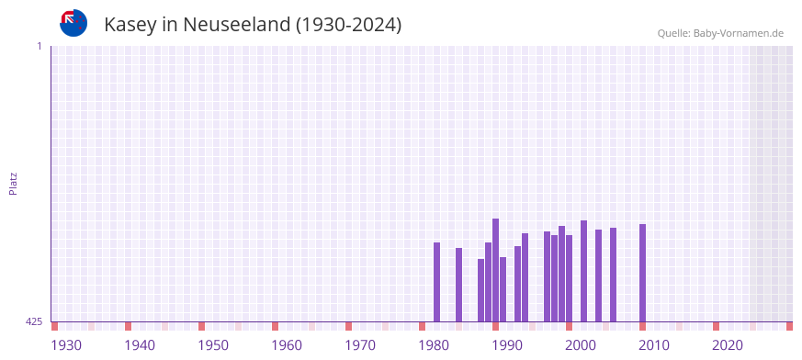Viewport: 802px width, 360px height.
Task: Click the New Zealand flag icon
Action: pos(73,23)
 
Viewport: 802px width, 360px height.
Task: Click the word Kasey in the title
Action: pos(130,25)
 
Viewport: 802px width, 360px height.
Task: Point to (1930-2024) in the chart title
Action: pos(348,25)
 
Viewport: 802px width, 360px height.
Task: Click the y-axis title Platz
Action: pos(13,183)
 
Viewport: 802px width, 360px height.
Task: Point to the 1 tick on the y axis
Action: pos(39,46)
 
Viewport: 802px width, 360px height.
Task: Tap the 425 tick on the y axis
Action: pos(34,321)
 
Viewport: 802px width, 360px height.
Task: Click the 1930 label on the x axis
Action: pos(66,345)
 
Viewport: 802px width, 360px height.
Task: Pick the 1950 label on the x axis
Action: pos(213,345)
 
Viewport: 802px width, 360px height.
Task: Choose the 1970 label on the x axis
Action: pos(360,345)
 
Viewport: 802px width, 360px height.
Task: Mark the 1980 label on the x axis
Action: pos(434,345)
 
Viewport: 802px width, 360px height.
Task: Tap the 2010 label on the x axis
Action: pos(654,345)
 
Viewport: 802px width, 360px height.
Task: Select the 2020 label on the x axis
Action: pos(728,345)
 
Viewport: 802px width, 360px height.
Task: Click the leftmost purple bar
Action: pos(437,282)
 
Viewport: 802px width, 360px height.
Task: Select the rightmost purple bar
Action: pos(643,273)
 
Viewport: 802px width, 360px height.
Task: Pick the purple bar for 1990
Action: pos(503,289)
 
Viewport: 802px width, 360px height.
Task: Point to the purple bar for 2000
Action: pos(584,271)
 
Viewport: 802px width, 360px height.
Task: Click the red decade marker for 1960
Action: pos(275,326)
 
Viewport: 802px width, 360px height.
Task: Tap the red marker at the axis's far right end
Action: pos(789,326)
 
